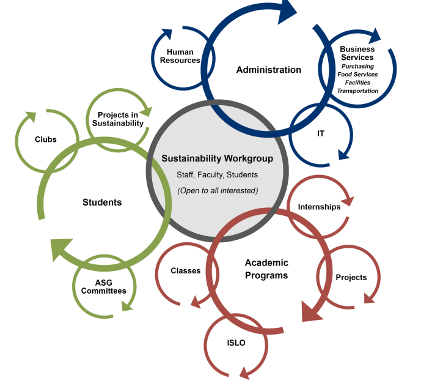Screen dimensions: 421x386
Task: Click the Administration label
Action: pyautogui.click(x=268, y=70)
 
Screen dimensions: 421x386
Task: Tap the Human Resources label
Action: pyautogui.click(x=180, y=56)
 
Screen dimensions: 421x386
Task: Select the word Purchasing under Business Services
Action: pyautogui.click(x=357, y=67)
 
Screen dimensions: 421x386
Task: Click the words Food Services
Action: pyautogui.click(x=357, y=75)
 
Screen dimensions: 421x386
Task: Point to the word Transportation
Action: pyautogui.click(x=357, y=91)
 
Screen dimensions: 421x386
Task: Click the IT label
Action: pyautogui.click(x=321, y=133)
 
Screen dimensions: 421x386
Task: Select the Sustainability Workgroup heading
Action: pyautogui.click(x=217, y=158)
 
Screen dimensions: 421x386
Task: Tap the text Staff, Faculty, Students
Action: pyautogui.click(x=217, y=175)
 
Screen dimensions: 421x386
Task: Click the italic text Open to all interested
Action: pyautogui.click(x=218, y=191)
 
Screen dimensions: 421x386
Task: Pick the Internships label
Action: pyautogui.click(x=319, y=207)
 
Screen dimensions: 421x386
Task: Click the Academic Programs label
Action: pyautogui.click(x=266, y=269)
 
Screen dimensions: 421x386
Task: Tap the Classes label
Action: pyautogui.click(x=186, y=270)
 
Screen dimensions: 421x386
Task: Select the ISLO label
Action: pyautogui.click(x=236, y=343)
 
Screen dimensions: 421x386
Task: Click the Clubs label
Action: pyautogui.click(x=46, y=139)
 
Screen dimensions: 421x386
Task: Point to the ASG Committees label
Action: pyautogui.click(x=104, y=287)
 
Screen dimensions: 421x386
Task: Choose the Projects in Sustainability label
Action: pyautogui.click(x=118, y=119)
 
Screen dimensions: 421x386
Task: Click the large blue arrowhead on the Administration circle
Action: pyautogui.click(x=286, y=11)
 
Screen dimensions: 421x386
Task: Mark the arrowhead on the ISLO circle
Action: pyautogui.click(x=244, y=373)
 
